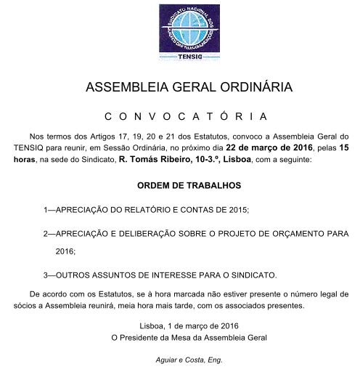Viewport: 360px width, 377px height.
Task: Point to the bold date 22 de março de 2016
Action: click(x=247, y=147)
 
